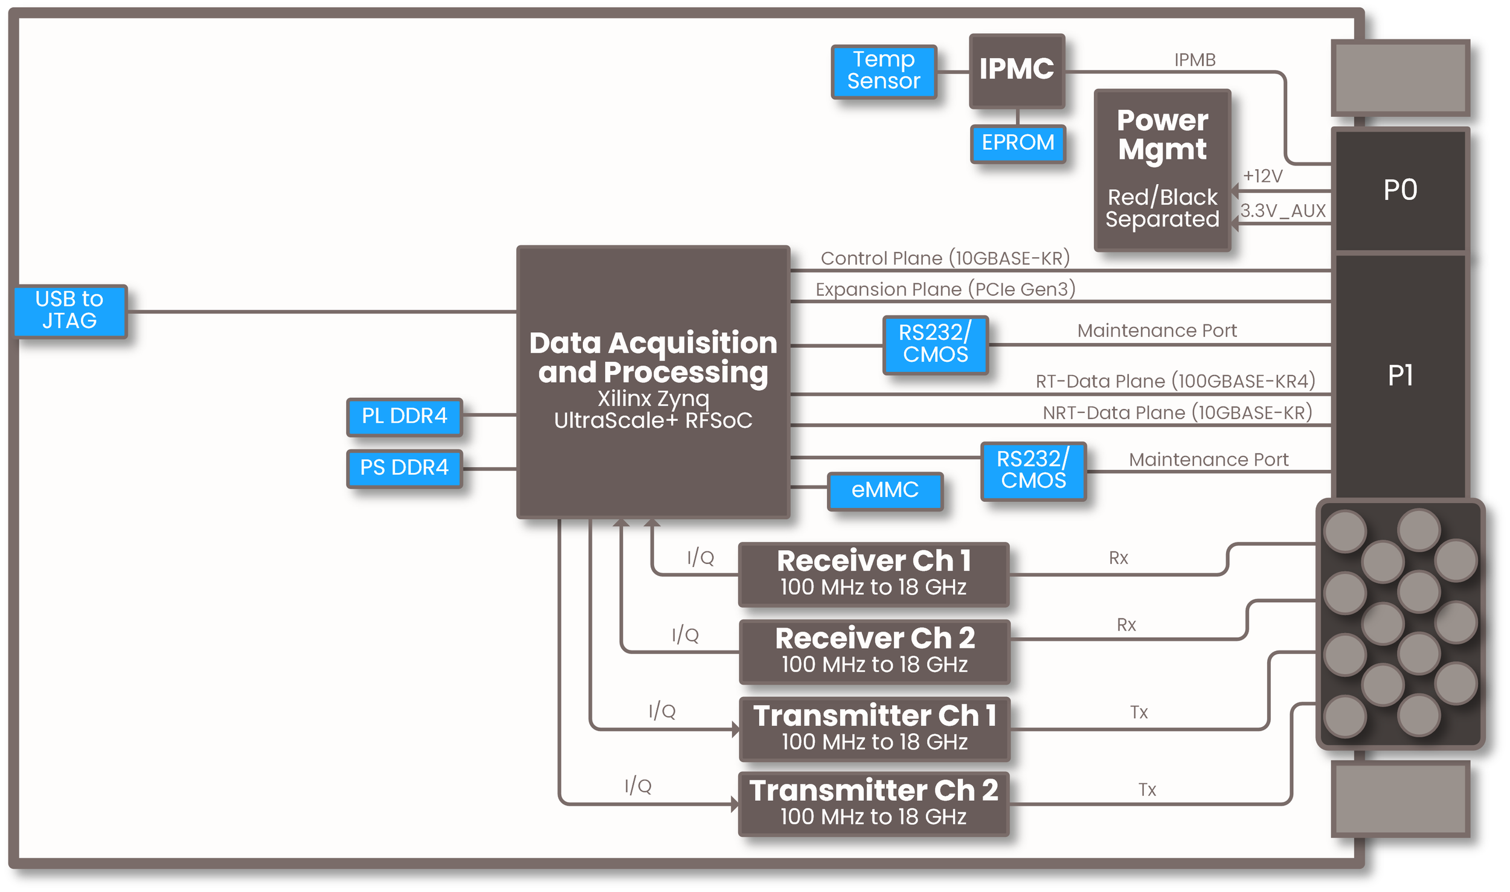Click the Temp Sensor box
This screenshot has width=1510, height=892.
click(x=883, y=71)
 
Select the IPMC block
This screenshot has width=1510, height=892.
click(x=1016, y=70)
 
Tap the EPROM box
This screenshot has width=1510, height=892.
click(x=1017, y=143)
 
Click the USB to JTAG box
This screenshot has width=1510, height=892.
click(x=70, y=310)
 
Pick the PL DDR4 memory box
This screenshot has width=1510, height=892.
click(x=404, y=416)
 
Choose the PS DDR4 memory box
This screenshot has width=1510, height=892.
click(x=404, y=468)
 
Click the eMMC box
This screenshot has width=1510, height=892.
click(x=884, y=490)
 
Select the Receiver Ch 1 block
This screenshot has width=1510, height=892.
click(x=873, y=573)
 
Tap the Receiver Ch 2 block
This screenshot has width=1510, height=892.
click(x=874, y=650)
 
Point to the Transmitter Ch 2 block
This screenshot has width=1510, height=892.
click(x=873, y=803)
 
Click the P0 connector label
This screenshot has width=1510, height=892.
click(x=1399, y=190)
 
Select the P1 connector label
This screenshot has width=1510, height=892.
click(x=1399, y=376)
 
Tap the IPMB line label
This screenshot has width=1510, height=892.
click(x=1194, y=60)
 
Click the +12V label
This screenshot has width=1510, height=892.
click(x=1262, y=176)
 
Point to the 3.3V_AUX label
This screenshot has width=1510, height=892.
click(x=1282, y=211)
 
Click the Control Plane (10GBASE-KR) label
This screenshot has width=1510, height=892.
click(x=945, y=258)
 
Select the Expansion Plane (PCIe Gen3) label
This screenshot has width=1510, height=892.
click(x=945, y=289)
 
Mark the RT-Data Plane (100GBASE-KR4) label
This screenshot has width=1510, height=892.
click(x=1175, y=381)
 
